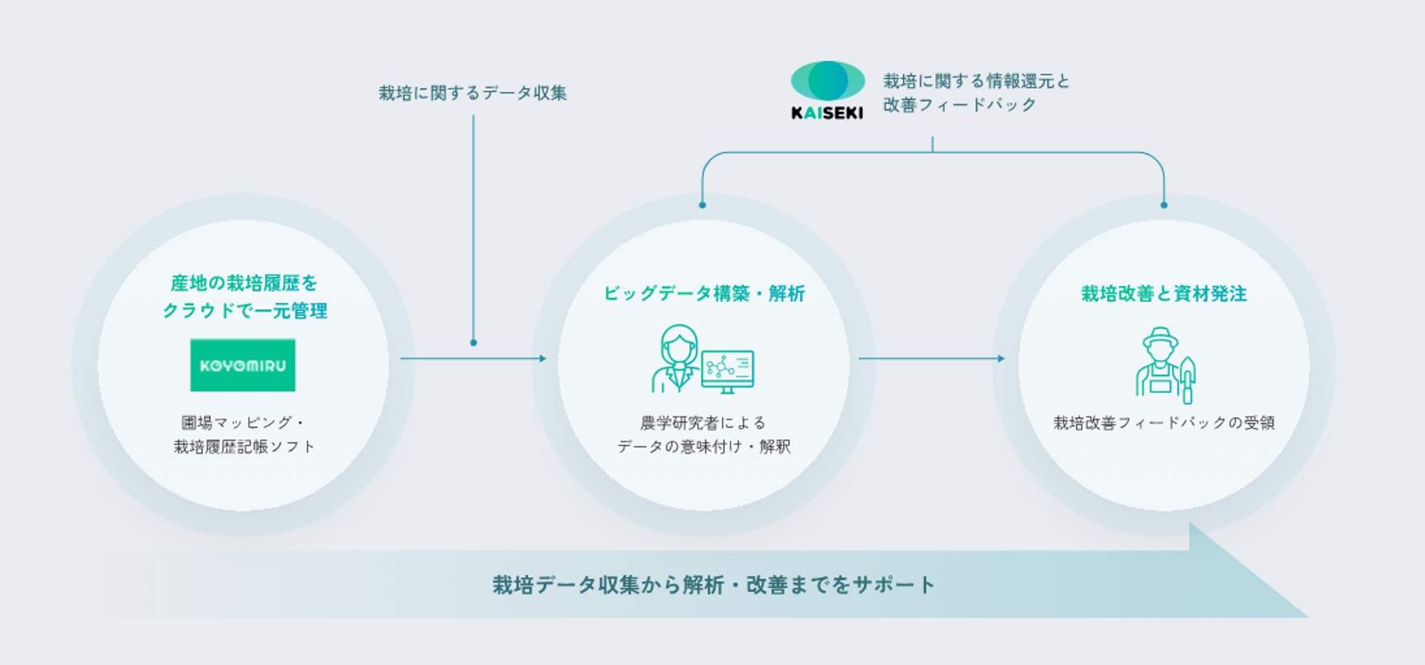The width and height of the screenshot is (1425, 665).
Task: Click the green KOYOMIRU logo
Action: coord(243,365)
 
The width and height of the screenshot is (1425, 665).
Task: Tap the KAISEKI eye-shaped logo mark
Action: coord(827,81)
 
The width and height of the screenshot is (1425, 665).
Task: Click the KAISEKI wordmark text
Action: coord(827,113)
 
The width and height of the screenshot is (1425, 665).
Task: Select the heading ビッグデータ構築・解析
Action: coord(704,293)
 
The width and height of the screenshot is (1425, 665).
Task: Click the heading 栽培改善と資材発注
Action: coord(1163,293)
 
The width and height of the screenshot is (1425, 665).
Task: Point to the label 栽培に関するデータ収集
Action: coord(473,93)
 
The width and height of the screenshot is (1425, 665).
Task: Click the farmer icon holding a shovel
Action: coord(1164,365)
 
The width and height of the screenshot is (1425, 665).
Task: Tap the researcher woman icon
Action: coord(676,359)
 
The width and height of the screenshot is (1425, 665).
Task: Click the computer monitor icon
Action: coord(728,371)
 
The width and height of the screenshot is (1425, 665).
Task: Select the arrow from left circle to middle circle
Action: coord(473,358)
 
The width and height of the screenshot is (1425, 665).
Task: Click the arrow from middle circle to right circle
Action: coord(931,358)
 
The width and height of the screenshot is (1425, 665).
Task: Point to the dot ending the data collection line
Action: coord(474,343)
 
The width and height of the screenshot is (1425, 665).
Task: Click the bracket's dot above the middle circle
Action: coord(702,205)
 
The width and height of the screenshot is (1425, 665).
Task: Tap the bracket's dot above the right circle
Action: coord(1163,205)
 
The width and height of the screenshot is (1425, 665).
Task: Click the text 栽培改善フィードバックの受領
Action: coord(1163,423)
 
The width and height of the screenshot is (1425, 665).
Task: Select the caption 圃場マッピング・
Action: coord(243,423)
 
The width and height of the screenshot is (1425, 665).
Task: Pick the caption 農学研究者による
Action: coord(703,423)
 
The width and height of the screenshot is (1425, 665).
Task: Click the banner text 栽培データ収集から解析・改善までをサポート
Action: coord(713,585)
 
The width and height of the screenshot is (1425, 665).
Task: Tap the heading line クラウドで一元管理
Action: coord(245,311)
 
